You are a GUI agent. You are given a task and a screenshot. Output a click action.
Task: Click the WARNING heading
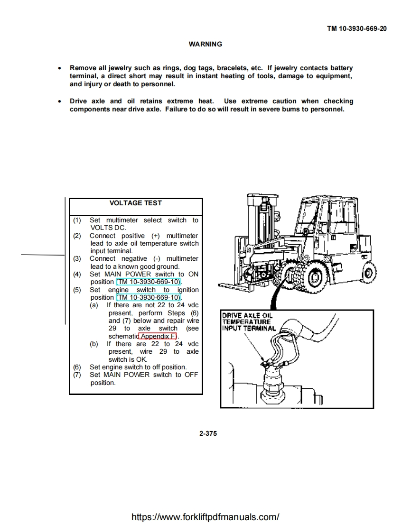pos(205,44)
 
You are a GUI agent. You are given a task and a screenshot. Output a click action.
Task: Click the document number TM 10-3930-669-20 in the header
pos(356,28)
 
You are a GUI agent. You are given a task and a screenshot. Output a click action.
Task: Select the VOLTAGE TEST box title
pos(135,203)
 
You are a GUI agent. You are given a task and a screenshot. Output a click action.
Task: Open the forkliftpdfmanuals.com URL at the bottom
pos(205,517)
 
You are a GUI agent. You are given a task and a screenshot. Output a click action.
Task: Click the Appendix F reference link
pos(158,336)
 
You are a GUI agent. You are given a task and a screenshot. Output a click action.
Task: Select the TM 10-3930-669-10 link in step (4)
pos(149,282)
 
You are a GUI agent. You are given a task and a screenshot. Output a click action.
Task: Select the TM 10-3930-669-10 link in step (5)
pos(149,297)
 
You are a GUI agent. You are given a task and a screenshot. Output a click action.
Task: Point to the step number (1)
pos(77,220)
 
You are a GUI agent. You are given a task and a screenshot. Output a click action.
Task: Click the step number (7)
pos(77,375)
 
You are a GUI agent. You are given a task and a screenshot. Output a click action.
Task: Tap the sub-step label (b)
pos(94,344)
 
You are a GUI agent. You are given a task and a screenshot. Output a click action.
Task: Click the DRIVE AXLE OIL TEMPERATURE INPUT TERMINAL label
pos(248,321)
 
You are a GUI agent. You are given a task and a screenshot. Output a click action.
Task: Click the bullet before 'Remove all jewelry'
pos(59,68)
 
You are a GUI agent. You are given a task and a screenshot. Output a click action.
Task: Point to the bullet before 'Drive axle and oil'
pos(59,101)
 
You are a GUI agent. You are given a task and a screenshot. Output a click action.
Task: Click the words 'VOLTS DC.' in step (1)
pos(108,228)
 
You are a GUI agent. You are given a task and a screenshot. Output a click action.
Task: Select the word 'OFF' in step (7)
pos(191,375)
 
